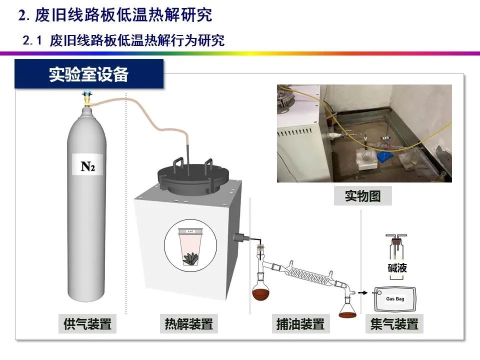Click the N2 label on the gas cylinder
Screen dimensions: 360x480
point(88,165)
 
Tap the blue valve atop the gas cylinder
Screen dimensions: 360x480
point(88,94)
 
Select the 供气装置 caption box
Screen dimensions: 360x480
point(87,324)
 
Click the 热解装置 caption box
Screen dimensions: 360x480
point(189,324)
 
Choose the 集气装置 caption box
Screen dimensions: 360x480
point(394,324)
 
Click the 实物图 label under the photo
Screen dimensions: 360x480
point(362,196)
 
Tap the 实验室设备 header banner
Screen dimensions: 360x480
point(89,74)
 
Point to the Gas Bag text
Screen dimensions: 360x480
point(395,299)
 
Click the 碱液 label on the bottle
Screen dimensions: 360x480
point(397,268)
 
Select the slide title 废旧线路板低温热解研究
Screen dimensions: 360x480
point(115,15)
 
